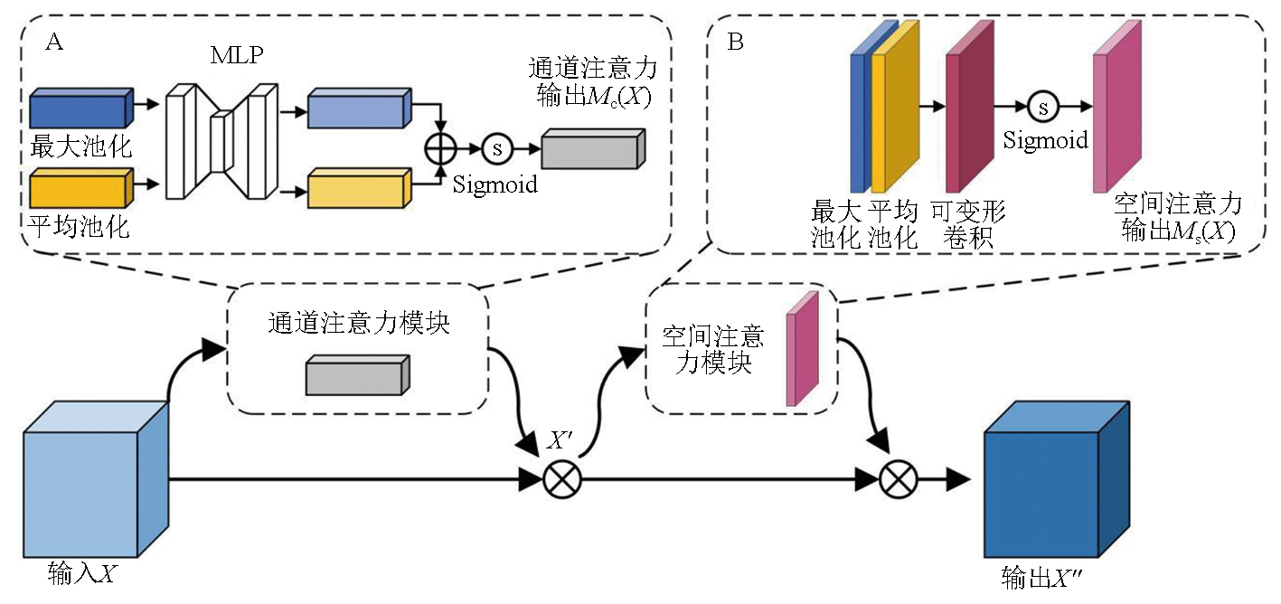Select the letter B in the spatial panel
click(736, 42)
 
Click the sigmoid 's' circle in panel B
click(1042, 108)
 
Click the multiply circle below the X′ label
click(562, 479)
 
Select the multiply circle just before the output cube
click(898, 479)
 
